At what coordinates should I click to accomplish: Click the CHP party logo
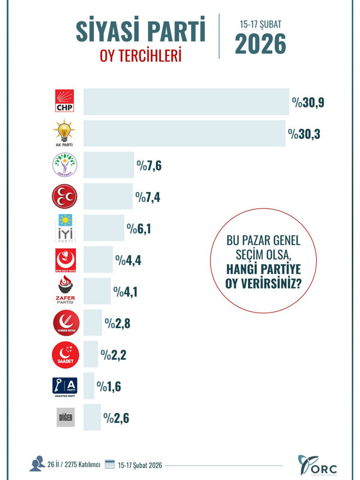(x=64, y=101)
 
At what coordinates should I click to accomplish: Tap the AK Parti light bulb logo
(x=64, y=133)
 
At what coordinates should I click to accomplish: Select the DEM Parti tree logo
(x=64, y=165)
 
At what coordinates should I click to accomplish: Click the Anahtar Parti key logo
(x=65, y=386)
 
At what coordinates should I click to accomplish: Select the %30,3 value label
(x=304, y=134)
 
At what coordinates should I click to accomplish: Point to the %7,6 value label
(x=149, y=166)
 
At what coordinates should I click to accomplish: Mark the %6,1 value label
(x=139, y=229)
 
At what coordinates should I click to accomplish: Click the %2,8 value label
(x=118, y=324)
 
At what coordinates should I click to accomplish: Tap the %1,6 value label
(x=109, y=387)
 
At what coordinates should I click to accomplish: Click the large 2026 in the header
(x=260, y=44)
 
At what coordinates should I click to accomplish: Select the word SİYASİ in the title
(x=107, y=32)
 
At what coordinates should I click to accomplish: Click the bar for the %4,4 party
(x=98, y=260)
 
